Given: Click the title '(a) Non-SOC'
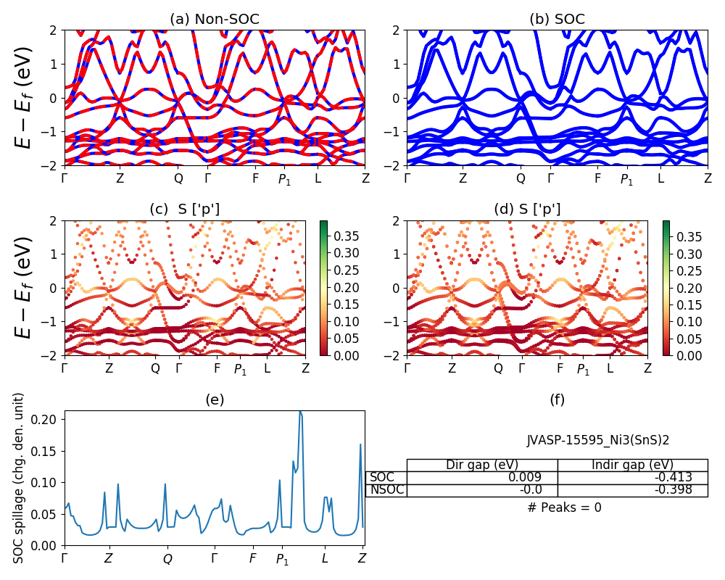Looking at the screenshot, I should pos(214,19).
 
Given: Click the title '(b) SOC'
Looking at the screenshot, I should pos(557,19).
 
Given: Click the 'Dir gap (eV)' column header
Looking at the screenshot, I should pos(481,465).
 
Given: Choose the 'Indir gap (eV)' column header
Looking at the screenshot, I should pos(632,465).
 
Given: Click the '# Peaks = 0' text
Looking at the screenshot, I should pos(564,507).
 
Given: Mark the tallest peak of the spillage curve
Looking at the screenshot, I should pos(300,412).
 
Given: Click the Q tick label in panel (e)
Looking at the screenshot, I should pos(167,559).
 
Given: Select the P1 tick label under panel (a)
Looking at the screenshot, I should pos(285,179).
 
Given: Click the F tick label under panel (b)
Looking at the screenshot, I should pos(598,178).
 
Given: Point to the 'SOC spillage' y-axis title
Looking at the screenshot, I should pos(20,477).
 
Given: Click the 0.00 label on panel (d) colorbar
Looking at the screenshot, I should pos(683,355).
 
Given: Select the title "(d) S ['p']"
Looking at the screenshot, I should pos(527,210).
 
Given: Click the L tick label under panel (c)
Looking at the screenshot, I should pos(267,368).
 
